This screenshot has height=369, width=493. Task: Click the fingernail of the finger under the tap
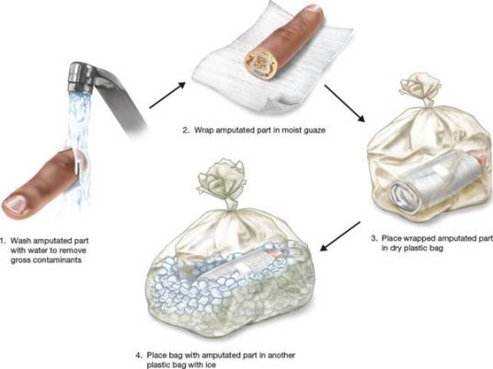coord(15,202)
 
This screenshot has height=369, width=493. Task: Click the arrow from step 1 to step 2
coord(167,95)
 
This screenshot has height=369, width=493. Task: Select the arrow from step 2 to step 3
coord(345,103)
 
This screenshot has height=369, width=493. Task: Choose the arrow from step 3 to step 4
coord(340,236)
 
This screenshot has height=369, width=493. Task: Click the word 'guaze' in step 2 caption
coord(315,131)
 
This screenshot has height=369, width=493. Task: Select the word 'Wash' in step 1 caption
coord(20,241)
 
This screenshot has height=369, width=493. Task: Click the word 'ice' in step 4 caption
coord(211,365)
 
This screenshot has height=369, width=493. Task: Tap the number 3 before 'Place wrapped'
coord(373,238)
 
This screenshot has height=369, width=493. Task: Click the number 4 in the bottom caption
coord(139,355)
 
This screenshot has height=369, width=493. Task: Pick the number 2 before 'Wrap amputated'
coord(186,130)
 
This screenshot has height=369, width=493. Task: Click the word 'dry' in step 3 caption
coord(398,248)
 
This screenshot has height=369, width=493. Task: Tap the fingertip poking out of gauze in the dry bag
coord(479,157)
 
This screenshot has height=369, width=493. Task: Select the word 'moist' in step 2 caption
coord(292,130)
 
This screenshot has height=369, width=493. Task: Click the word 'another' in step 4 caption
coord(281,355)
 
